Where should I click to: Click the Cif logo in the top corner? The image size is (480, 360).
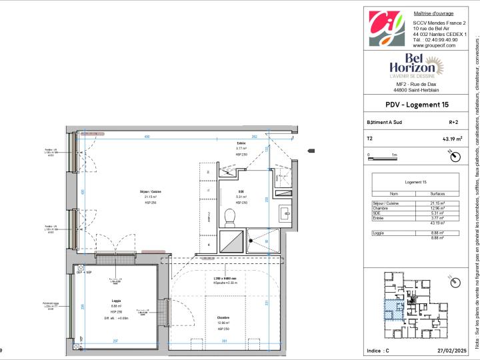click(x=387, y=27)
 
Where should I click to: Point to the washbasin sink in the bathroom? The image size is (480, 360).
click(x=285, y=213)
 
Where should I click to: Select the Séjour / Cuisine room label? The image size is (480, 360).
click(x=150, y=191)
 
